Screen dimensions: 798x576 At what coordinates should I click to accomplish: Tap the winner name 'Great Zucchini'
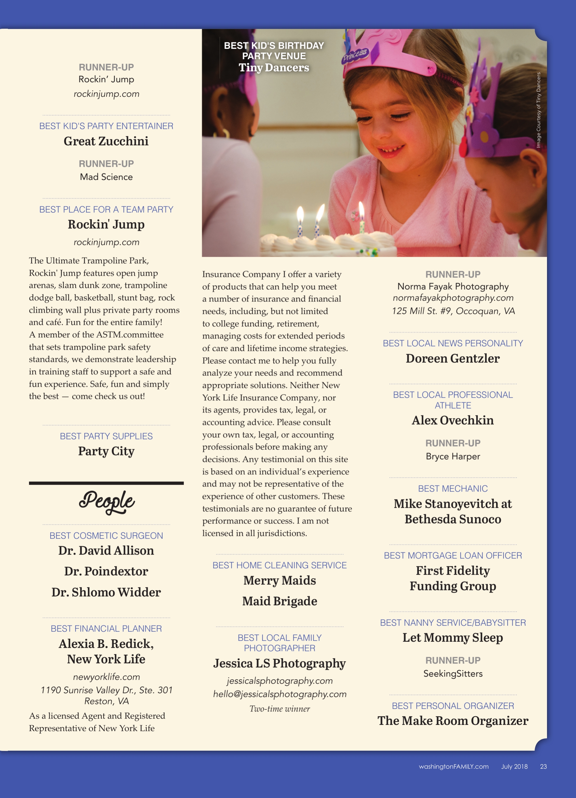tap(106, 141)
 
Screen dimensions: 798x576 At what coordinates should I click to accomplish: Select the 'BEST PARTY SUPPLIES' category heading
tap(106, 436)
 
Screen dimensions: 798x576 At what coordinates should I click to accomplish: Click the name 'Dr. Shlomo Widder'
tap(106, 592)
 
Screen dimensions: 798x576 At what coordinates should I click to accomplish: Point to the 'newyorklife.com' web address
tap(106, 677)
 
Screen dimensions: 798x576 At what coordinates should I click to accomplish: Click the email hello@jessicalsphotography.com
tap(280, 694)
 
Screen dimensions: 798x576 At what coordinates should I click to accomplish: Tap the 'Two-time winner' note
tap(280, 709)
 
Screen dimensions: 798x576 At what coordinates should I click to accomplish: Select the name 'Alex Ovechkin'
tap(453, 420)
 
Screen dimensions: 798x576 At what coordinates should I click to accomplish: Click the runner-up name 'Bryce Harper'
tap(453, 456)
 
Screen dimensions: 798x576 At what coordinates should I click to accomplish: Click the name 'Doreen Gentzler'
tap(453, 358)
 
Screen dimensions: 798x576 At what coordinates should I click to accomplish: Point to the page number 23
tap(543, 766)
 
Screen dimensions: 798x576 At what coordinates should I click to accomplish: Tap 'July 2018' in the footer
tap(514, 766)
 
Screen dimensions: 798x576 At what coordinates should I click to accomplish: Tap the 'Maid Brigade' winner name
tap(280, 601)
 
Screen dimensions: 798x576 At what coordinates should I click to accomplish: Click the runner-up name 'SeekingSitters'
tap(453, 673)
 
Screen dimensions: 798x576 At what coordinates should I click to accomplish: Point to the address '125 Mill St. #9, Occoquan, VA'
tap(453, 311)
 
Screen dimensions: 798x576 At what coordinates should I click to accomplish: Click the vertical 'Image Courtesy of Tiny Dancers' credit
tap(538, 110)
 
